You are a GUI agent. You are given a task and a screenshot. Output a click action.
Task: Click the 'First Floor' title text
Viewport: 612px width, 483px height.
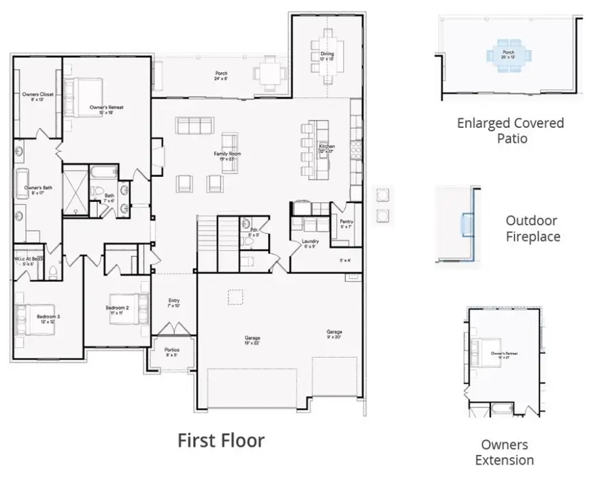(x=221, y=440)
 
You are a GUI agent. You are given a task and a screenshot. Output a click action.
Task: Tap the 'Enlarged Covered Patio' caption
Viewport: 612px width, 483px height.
(x=510, y=131)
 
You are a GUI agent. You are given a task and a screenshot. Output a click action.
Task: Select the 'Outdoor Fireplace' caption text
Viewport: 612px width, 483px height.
(x=532, y=229)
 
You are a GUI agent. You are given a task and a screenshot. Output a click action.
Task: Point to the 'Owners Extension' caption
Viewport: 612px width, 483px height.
(x=504, y=452)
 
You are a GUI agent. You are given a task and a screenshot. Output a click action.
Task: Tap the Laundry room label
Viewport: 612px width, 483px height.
(x=310, y=244)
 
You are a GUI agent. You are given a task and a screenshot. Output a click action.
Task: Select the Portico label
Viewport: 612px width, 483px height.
(x=172, y=352)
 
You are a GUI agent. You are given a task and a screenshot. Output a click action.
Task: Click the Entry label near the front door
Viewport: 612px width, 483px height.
(x=174, y=303)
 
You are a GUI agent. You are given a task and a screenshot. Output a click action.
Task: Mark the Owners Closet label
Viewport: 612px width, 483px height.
(x=37, y=96)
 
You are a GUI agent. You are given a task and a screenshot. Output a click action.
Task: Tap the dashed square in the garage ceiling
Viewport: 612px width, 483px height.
(x=235, y=297)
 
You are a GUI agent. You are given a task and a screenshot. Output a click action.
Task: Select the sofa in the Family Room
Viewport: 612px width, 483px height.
(x=195, y=125)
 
